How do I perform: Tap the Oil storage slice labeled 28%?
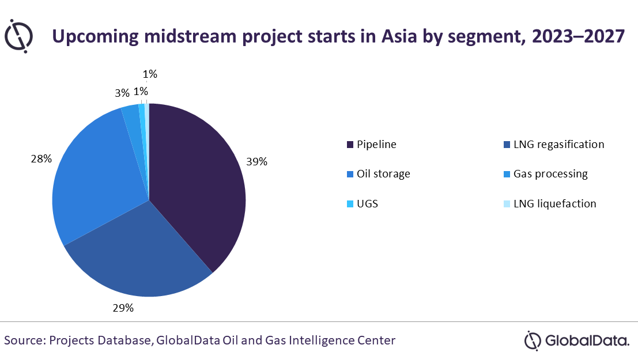[92, 179]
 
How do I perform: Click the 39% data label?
[256, 162]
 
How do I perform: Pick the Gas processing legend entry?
[550, 174]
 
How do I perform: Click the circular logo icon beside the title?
[18, 35]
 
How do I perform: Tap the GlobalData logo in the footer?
[576, 340]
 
